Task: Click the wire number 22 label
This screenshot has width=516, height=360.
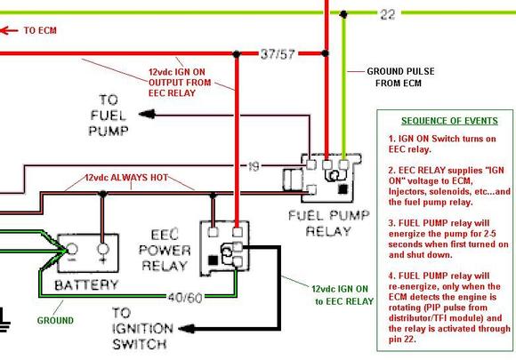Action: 387,14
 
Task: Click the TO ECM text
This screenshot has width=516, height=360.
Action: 38,29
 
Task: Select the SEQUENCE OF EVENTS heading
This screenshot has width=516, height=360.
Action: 444,119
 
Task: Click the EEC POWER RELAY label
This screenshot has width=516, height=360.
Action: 165,251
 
